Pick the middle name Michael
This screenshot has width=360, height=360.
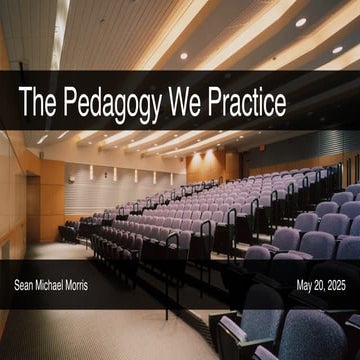click(x=60, y=286)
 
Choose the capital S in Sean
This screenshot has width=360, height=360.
click(x=17, y=286)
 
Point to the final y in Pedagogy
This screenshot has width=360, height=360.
click(x=163, y=106)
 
